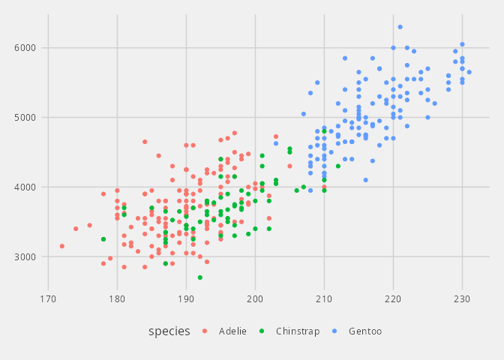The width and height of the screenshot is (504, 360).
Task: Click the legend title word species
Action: point(169,331)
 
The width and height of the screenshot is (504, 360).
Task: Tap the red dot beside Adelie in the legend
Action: point(201,331)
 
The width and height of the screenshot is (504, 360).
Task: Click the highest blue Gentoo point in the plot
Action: point(400,27)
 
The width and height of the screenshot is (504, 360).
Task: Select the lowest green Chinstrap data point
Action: point(200,277)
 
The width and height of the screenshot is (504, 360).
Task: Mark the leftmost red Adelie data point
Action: point(62,246)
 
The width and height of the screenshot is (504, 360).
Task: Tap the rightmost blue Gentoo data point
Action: point(469,72)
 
